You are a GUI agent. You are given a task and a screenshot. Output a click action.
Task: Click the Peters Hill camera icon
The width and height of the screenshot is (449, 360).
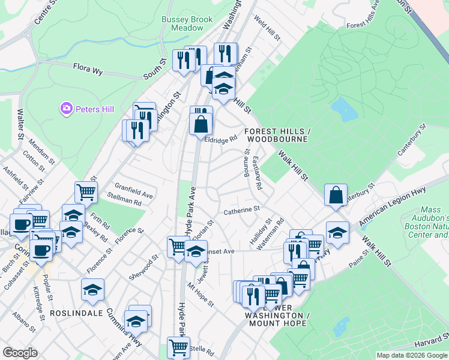[x=67, y=109]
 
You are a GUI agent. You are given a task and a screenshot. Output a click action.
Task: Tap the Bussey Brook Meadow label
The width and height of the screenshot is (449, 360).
[x=187, y=23]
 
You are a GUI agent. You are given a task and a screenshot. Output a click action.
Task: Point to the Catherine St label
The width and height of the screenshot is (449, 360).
[x=241, y=211]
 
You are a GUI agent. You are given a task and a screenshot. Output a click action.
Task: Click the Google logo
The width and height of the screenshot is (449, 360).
[x=20, y=353]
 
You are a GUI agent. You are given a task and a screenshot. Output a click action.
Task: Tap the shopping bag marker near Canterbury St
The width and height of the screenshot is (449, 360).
[x=336, y=194]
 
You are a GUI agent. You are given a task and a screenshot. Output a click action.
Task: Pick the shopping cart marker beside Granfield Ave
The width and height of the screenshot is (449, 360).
[x=86, y=192]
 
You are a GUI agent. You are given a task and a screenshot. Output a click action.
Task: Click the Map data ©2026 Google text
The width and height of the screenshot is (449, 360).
[x=412, y=355]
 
